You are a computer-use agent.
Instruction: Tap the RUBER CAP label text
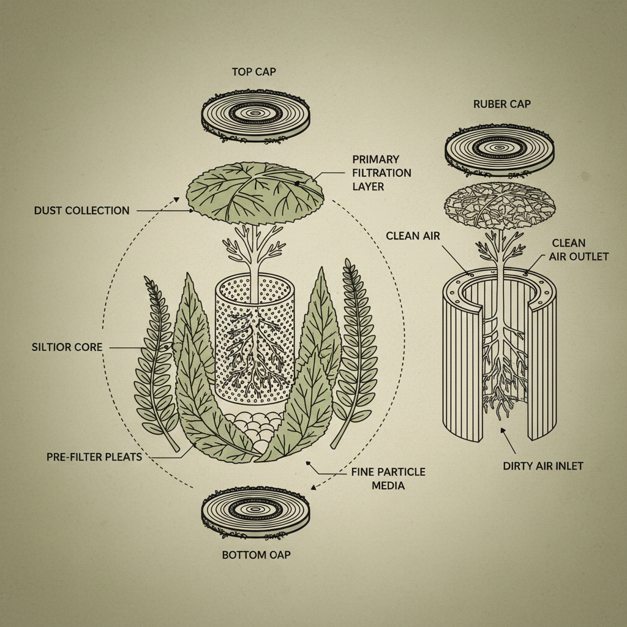point(501,104)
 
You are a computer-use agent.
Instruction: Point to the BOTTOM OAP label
point(255,556)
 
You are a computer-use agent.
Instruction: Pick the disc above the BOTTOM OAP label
point(255,512)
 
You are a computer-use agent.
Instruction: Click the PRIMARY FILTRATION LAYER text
point(381,172)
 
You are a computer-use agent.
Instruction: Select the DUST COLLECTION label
point(81,211)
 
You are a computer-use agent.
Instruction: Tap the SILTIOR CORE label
point(67,347)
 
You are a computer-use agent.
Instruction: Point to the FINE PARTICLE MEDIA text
point(388,478)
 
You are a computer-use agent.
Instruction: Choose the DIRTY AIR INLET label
point(543,466)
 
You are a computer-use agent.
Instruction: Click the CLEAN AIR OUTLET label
point(580,249)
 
